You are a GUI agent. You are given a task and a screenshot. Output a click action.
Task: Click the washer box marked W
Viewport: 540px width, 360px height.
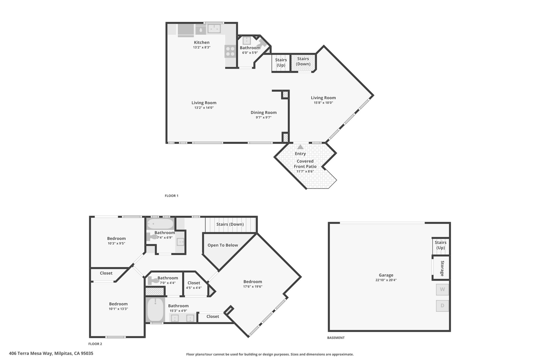[442, 289]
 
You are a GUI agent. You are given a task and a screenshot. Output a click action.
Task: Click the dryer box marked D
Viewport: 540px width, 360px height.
[442, 306]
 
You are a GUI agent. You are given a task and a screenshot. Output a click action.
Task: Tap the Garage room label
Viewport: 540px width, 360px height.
[386, 275]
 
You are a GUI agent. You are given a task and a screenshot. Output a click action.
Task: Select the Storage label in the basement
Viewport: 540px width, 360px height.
[442, 268]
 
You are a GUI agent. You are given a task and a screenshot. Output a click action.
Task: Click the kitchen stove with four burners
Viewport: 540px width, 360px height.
[230, 51]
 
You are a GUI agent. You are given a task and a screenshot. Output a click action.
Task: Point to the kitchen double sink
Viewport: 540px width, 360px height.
[214, 29]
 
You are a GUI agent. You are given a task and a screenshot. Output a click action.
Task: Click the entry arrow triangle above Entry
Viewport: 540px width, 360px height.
[300, 147]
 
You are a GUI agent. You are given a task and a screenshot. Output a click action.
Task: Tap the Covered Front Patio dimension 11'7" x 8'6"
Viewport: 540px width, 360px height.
[305, 171]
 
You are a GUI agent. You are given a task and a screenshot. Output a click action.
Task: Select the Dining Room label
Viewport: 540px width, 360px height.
[264, 112]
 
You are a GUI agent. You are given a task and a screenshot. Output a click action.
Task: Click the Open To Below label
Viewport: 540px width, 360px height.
[223, 245]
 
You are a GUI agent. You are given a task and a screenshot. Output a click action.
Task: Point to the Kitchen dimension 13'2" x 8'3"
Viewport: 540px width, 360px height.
[202, 47]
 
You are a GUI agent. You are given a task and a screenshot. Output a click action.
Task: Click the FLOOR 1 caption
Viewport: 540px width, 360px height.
[172, 196]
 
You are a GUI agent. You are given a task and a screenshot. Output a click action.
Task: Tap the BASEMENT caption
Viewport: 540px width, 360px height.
[336, 338]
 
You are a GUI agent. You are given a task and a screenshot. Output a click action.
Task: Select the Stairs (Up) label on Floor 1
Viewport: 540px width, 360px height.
[281, 63]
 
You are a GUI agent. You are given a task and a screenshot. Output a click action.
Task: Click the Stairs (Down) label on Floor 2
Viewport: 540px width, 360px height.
[230, 224]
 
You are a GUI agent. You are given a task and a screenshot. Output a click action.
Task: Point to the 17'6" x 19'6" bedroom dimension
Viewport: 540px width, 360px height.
[253, 286]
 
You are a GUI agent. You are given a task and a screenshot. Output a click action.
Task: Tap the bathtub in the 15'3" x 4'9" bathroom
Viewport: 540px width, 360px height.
[155, 309]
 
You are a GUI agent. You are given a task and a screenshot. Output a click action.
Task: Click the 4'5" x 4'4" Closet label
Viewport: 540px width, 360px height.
[194, 283]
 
